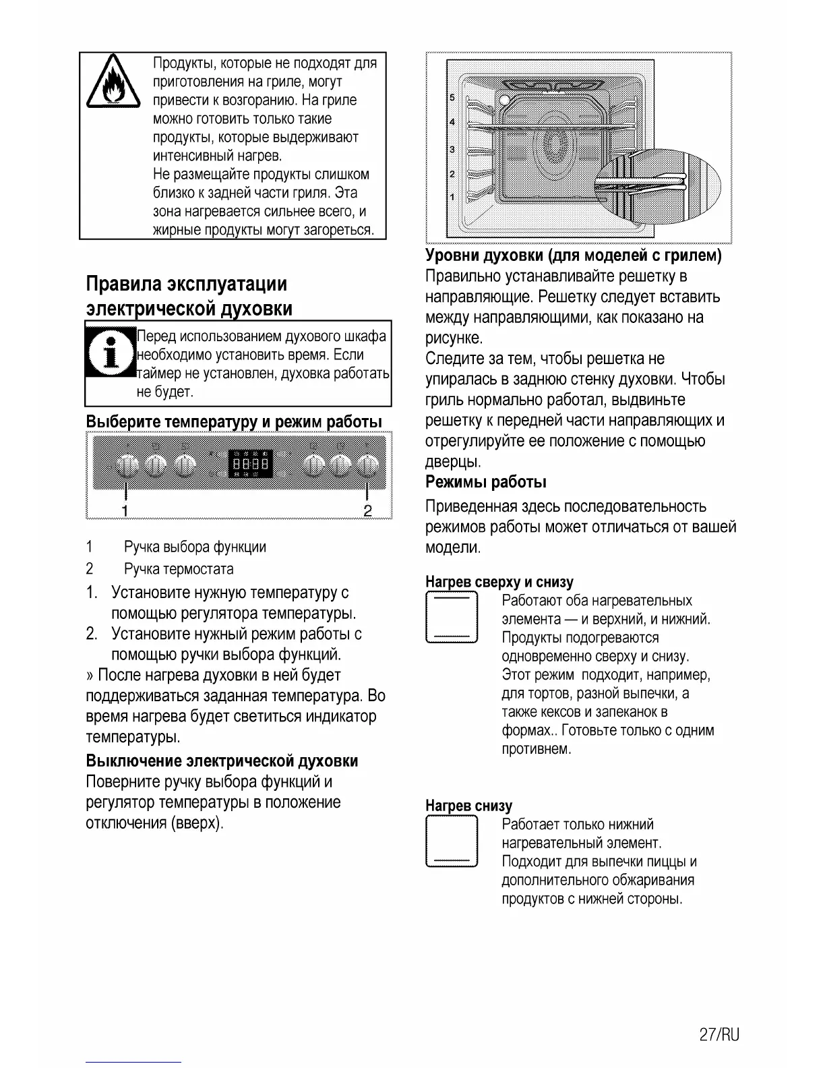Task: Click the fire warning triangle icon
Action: [x=113, y=84]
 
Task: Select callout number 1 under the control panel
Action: [x=125, y=510]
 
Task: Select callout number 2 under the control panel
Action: [x=367, y=510]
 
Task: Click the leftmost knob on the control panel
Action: [x=126, y=465]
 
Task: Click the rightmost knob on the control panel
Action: [x=367, y=465]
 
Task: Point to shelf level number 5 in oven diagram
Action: [x=452, y=98]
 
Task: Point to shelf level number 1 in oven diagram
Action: [x=452, y=197]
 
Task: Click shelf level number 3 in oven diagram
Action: [x=452, y=149]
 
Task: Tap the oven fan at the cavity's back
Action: [x=555, y=144]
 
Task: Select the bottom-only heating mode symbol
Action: [x=452, y=841]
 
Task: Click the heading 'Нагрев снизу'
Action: [x=468, y=806]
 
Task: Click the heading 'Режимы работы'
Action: [x=486, y=482]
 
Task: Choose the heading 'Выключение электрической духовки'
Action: [x=222, y=761]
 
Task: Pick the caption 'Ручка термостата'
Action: [x=179, y=569]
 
